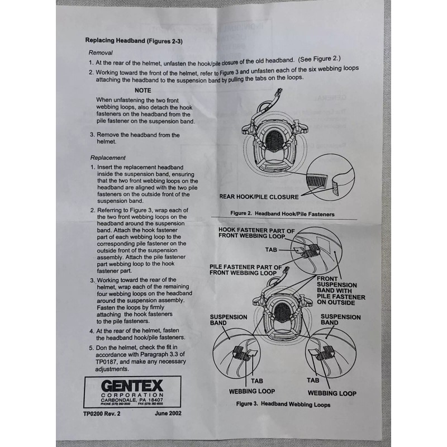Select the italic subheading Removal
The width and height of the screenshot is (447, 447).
pyautogui.click(x=101, y=53)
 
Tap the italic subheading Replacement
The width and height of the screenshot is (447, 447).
pyautogui.click(x=108, y=158)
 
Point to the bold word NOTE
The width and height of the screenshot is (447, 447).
pyautogui.click(x=143, y=90)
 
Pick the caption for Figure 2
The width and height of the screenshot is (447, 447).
pyautogui.click(x=283, y=213)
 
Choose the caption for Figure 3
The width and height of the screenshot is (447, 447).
pyautogui.click(x=283, y=404)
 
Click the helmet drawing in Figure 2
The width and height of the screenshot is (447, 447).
pyautogui.click(x=273, y=140)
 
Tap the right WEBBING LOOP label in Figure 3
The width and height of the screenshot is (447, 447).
pyautogui.click(x=331, y=393)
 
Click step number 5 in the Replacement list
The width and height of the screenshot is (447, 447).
pyautogui.click(x=92, y=348)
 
